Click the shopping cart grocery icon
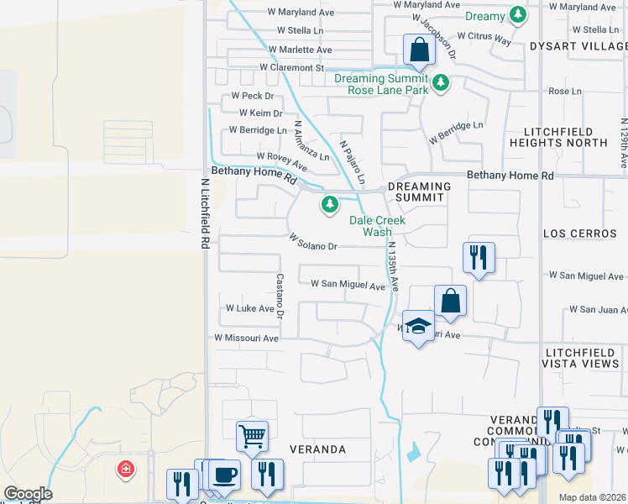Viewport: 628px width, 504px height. (x=252, y=435)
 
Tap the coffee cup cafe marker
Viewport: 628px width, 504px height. (x=225, y=474)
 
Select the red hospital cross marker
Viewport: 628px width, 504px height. (x=126, y=468)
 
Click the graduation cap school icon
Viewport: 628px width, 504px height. (x=417, y=326)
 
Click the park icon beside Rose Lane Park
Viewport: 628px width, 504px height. (x=441, y=84)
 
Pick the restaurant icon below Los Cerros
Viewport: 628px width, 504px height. (x=479, y=257)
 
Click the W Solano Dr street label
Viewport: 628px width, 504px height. (x=312, y=242)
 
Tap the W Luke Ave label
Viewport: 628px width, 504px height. (x=250, y=308)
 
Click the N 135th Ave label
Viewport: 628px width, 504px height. (x=392, y=267)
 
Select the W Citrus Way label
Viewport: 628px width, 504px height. (x=484, y=39)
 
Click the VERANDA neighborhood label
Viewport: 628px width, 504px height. (x=318, y=449)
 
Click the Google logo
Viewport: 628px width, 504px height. (x=28, y=494)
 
